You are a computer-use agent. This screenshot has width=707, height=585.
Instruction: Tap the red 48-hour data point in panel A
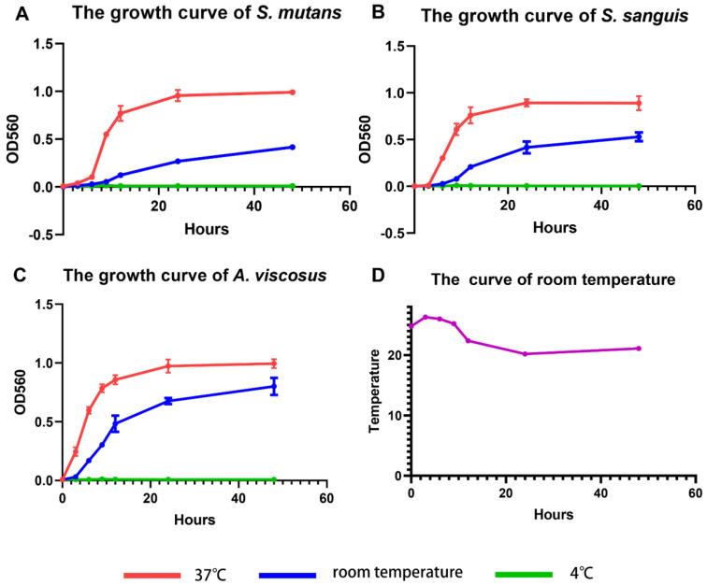pos(293,93)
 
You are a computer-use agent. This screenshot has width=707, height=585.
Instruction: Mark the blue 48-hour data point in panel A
pos(293,147)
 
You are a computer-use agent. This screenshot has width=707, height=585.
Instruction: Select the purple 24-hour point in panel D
pos(526,353)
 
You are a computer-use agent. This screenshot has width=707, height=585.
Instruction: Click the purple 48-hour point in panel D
pos(639,349)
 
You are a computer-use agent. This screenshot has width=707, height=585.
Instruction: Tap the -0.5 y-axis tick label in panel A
pos(40,235)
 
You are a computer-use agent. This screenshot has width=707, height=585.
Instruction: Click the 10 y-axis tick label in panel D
pos(397,415)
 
